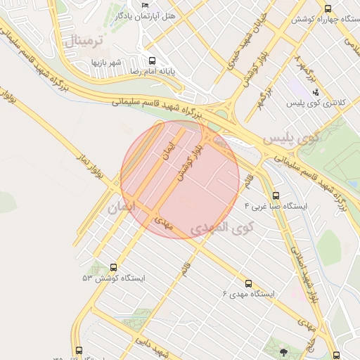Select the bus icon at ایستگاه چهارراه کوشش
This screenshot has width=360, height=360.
tap(328, 8)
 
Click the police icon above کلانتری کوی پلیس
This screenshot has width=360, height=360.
tap(316, 91)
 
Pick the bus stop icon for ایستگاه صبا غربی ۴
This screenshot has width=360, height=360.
tap(276, 196)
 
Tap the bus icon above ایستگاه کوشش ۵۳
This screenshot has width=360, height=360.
tap(114, 267)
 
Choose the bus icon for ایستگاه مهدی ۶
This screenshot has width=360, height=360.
tap(247, 283)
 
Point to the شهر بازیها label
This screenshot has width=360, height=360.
tap(106, 63)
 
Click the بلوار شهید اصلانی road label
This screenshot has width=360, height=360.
tap(303, 275)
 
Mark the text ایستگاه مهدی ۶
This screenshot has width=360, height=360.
tap(249, 293)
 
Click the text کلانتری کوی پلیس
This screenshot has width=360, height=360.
tap(316, 103)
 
